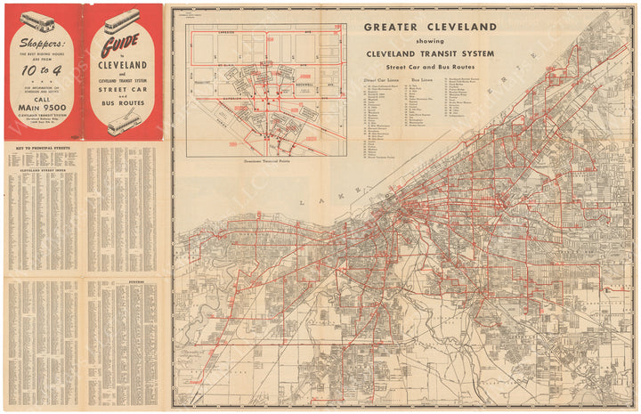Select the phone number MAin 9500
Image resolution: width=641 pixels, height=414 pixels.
42,110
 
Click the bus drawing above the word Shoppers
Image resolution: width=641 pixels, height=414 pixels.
37,20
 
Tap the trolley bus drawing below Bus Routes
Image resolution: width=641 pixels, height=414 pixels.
122,125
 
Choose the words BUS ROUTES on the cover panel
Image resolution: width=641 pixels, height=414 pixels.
123,110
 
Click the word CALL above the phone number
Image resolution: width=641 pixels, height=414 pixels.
42,98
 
